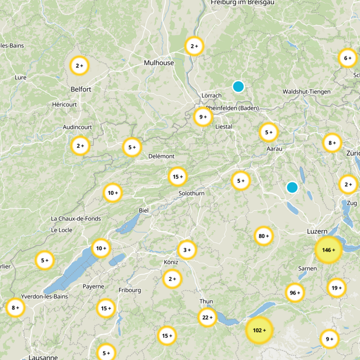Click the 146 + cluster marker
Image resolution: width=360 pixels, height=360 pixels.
tap(328, 250)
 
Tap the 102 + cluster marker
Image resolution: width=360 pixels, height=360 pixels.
tap(259, 330)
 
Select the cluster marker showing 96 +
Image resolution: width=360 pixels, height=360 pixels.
tap(295, 293)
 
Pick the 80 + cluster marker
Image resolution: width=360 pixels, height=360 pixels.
tap(264, 236)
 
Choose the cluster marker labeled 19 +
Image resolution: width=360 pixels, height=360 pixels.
tap(337, 288)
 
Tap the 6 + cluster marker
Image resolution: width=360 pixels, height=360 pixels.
tap(347, 58)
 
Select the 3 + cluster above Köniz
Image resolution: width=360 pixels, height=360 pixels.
tap(187, 250)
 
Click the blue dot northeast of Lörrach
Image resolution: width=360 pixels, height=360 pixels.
tap(238, 86)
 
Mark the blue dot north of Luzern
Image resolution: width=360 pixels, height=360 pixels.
tap(292, 187)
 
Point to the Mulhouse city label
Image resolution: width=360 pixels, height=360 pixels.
tap(159, 63)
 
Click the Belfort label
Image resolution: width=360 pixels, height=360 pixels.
tap(81, 89)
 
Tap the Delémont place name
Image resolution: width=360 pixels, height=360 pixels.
tap(161, 156)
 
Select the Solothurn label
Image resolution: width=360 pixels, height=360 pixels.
tap(191, 193)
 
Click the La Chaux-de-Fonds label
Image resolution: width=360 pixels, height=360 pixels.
tap(76, 219)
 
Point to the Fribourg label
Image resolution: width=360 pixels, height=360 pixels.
tap(130, 290)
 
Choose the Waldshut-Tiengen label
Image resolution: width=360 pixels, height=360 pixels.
tap(306, 92)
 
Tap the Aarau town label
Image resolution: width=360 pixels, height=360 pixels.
tap(274, 148)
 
